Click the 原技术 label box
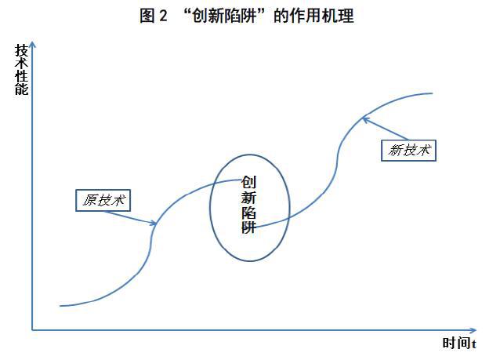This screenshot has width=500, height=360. (103, 201)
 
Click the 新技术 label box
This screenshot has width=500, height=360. (408, 151)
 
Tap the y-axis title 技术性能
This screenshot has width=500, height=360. (21, 69)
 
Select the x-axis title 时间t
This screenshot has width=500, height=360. (459, 344)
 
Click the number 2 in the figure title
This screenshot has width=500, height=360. (163, 16)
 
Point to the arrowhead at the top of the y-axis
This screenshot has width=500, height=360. (32, 45)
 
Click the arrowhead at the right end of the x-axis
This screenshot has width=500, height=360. (473, 330)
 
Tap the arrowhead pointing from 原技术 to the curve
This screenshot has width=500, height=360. (154, 223)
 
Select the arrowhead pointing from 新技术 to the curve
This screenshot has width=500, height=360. (365, 120)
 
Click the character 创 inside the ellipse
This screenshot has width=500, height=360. (248, 183)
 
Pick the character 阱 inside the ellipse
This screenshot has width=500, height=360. (248, 227)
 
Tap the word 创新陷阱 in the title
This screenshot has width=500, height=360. (224, 16)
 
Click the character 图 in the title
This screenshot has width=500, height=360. (147, 16)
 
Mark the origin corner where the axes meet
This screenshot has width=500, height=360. (32, 330)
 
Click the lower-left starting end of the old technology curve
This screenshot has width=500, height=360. (60, 306)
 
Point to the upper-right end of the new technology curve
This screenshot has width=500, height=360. (432, 93)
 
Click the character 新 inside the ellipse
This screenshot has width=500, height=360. (248, 197)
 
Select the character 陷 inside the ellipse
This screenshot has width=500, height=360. (248, 212)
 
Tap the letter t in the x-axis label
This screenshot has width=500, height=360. (474, 344)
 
